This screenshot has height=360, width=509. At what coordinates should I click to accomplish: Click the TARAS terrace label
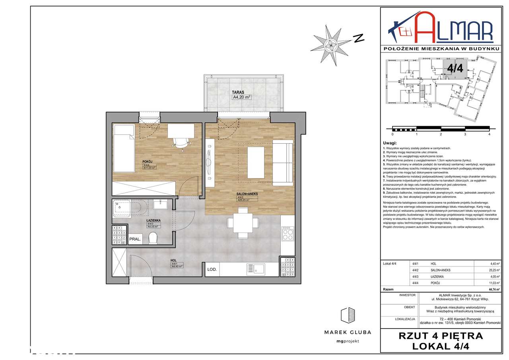(x=238, y=92)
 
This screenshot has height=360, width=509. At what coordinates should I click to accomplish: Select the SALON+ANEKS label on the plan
(x=247, y=194)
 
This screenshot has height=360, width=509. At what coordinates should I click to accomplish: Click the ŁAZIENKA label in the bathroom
(x=153, y=220)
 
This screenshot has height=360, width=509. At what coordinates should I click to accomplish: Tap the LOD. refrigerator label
(x=212, y=270)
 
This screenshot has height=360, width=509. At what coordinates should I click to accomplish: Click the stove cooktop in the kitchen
(x=287, y=233)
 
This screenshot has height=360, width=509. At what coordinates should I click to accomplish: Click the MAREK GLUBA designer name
(x=348, y=332)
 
